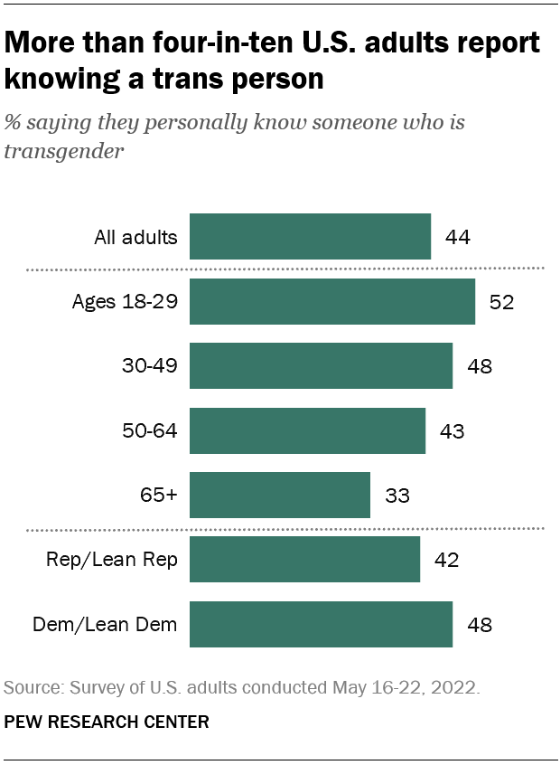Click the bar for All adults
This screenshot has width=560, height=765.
310,237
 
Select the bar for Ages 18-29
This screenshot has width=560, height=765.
331,301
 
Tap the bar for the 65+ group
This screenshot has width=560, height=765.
279,495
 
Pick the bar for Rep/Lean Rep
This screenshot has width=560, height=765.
304,560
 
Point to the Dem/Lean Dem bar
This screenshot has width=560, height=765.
321,624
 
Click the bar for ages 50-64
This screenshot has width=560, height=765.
307,430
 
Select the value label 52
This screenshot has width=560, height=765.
501,302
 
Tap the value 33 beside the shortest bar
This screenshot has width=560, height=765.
397,496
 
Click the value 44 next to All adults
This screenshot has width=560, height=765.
458,238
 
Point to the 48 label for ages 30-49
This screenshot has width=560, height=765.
479,366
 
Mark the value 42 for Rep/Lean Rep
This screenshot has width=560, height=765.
446,561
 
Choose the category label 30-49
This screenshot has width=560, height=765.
150,366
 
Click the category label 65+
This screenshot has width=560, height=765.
158,496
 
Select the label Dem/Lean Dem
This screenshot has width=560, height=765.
105,625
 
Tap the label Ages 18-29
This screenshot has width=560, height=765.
125,302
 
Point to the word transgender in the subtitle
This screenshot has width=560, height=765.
63,150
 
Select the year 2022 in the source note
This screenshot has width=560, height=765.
455,687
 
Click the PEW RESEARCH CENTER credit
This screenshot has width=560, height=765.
107,722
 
